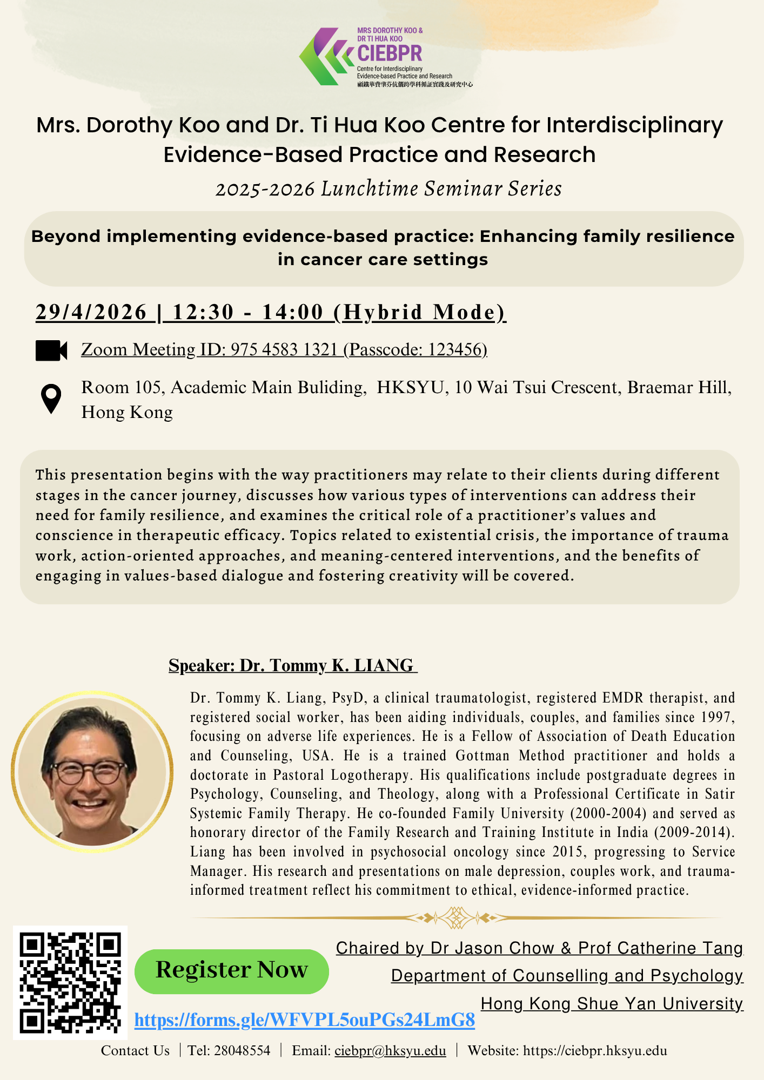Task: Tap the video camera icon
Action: pos(51,350)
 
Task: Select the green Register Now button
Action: pos(231,971)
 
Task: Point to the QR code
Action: pos(70,983)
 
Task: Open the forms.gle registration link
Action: pos(304,1020)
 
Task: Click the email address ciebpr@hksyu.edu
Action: pos(390,1051)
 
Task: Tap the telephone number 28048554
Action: pos(242,1051)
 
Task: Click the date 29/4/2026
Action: pos(91,312)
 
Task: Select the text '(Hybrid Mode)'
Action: pos(420,312)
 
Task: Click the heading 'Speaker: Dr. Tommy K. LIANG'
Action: pos(293,665)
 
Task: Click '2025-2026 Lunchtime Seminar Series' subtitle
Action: pos(388,189)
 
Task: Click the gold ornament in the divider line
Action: pos(457,917)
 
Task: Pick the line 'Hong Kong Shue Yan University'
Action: pos(612,1004)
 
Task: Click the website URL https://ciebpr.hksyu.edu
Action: pos(595,1051)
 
